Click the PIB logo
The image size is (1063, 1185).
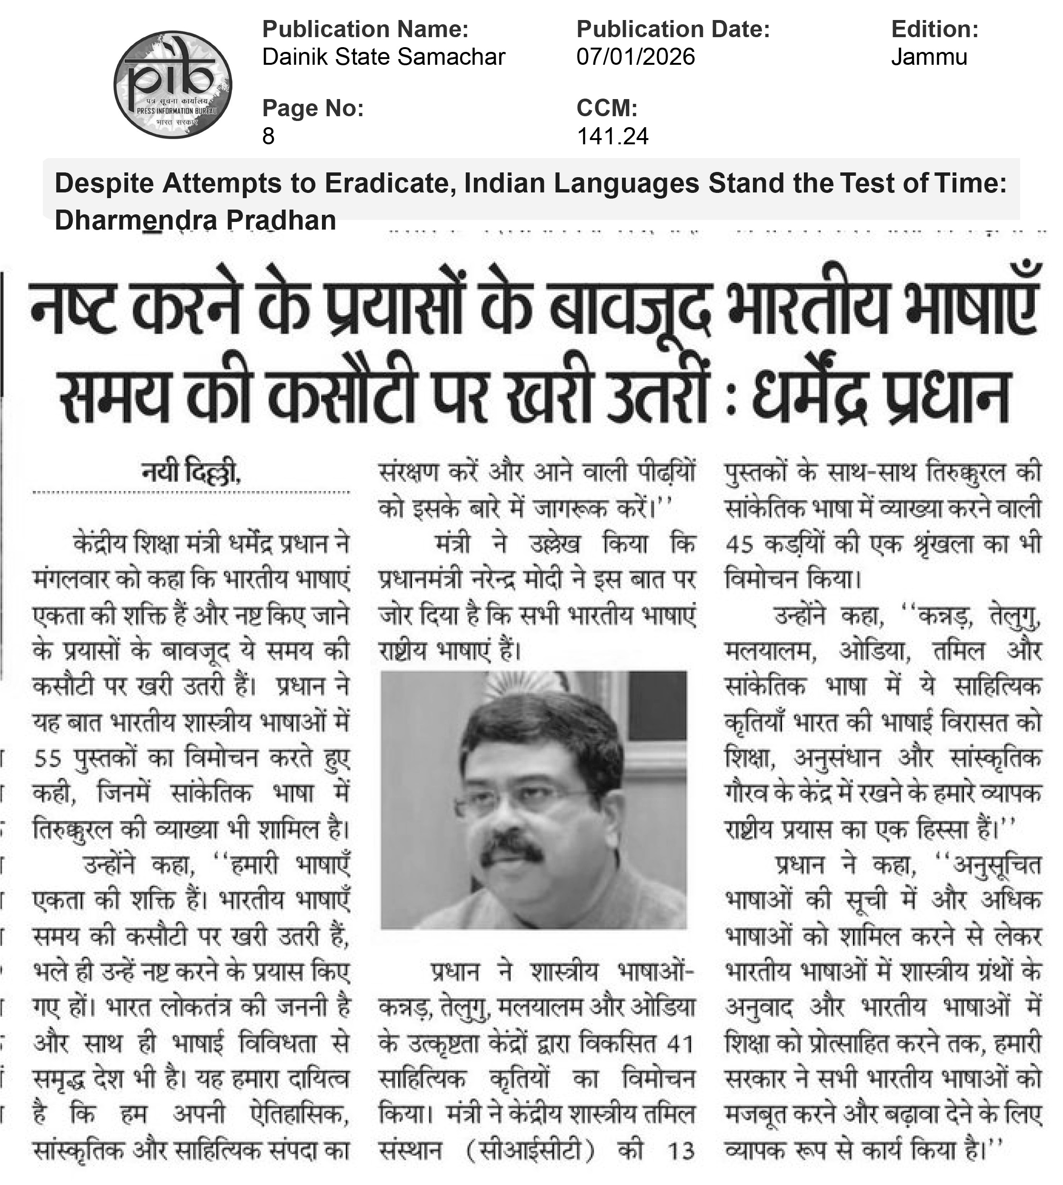point(173,85)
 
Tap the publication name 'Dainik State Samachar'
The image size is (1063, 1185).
point(384,57)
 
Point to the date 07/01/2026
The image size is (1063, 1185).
point(635,57)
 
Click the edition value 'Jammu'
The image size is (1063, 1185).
point(929,57)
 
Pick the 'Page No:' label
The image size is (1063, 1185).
point(313,109)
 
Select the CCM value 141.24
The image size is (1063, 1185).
point(612,137)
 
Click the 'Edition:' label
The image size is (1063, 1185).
point(934,29)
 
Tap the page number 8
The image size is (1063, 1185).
point(268,137)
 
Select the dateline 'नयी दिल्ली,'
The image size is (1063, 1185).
point(191,472)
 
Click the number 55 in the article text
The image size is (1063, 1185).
point(48,759)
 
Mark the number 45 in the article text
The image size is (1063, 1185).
point(740,545)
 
